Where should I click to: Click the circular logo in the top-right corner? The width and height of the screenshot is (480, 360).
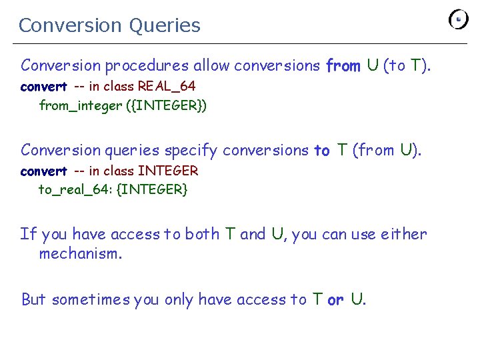[x=459, y=20]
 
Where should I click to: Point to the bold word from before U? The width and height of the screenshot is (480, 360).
[x=343, y=65]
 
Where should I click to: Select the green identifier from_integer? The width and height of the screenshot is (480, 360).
[x=81, y=105]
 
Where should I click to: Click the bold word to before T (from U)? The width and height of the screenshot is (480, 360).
[x=322, y=151]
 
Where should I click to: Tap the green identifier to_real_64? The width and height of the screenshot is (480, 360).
[x=74, y=190]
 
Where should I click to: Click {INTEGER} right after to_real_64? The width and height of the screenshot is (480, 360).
[x=153, y=190]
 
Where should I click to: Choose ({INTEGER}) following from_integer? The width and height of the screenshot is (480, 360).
[x=166, y=105]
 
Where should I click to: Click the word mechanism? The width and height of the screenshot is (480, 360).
[x=81, y=254]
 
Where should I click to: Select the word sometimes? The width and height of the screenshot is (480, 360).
[x=91, y=299]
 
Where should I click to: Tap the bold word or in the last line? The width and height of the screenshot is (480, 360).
[x=335, y=299]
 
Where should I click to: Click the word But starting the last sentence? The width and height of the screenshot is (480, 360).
[x=33, y=299]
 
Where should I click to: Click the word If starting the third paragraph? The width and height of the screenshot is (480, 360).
[x=28, y=234]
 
